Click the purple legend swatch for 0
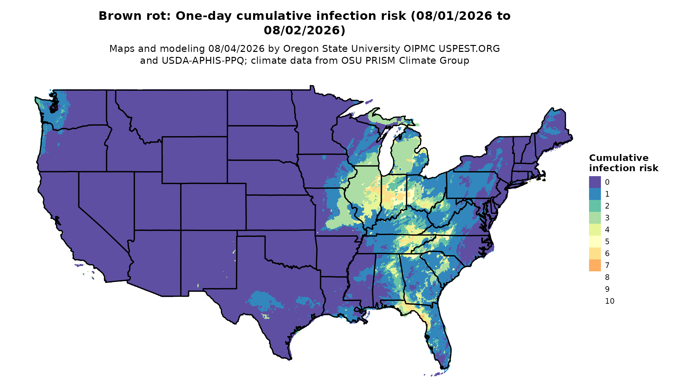(x=595, y=182)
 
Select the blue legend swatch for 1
(x=595, y=194)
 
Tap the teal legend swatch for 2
(x=595, y=206)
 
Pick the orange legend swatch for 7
(x=595, y=265)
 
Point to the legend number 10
(x=610, y=301)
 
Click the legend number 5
(x=607, y=242)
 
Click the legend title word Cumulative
(x=619, y=158)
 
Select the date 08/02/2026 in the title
(x=304, y=30)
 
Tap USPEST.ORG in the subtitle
(x=469, y=49)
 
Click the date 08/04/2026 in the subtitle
(x=236, y=49)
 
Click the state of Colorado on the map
(x=213, y=207)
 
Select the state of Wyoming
(x=194, y=160)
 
